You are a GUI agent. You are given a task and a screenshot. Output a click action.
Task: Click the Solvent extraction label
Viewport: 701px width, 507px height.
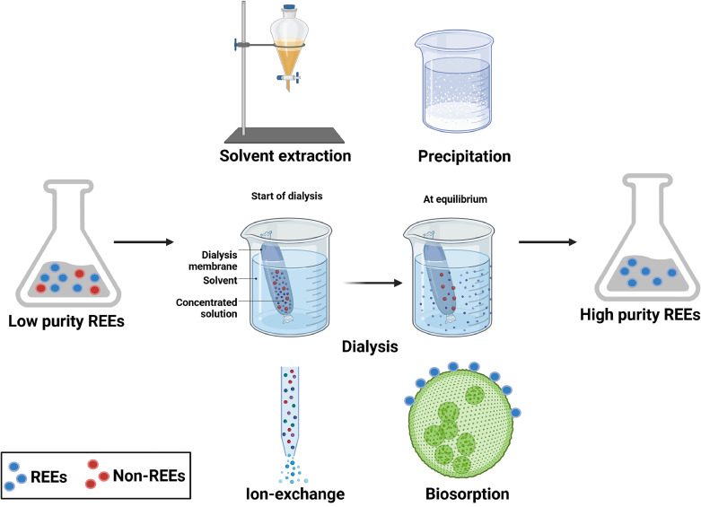285,155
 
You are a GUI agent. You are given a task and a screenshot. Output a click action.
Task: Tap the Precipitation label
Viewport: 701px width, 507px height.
465,156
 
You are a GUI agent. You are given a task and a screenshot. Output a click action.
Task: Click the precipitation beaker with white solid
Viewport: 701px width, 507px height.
454,82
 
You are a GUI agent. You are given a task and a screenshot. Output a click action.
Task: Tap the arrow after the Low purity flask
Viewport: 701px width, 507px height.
144,242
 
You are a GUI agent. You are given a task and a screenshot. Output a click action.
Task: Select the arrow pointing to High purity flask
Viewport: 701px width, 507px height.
548,242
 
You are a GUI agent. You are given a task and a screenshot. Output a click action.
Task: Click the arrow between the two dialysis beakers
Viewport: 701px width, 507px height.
372,283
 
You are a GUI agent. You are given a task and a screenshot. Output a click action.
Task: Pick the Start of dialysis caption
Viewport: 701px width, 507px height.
286,196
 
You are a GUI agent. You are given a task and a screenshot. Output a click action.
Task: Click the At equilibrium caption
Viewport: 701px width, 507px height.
455,199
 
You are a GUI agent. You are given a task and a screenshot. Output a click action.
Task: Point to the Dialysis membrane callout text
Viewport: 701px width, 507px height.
213,260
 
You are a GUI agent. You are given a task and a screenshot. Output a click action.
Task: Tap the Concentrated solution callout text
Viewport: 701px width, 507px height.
206,308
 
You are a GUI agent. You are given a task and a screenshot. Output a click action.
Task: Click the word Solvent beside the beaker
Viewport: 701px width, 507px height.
220,280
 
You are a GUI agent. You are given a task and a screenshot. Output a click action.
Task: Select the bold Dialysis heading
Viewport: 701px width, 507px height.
370,346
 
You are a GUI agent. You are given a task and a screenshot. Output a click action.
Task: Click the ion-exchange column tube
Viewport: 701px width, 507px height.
290,410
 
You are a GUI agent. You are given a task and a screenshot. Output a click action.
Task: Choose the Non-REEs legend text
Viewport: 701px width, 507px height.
149,476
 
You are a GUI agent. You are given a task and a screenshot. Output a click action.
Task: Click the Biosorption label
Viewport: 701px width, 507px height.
468,494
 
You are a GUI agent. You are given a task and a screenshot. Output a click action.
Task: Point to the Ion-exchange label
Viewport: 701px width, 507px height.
295,494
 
